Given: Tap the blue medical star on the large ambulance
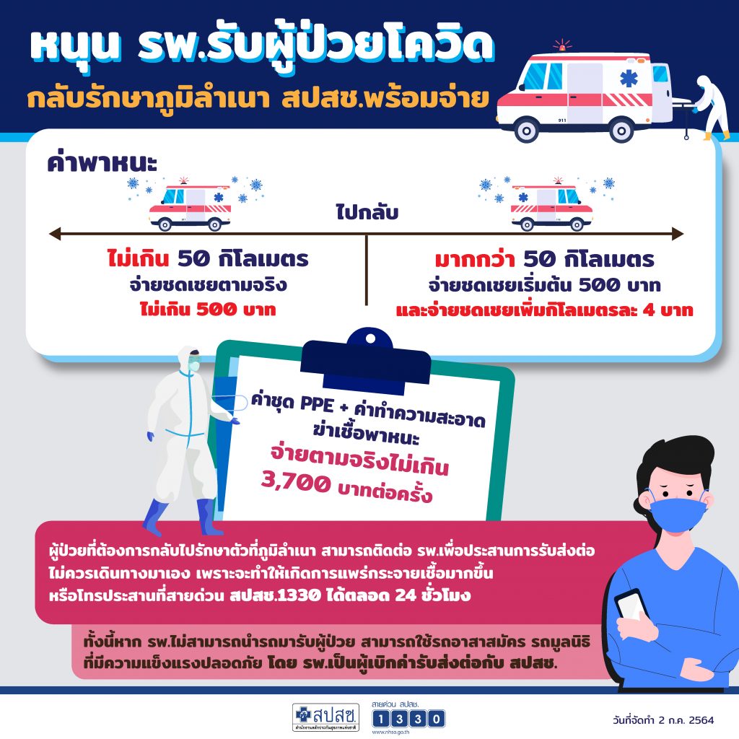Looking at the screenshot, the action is coord(629,79).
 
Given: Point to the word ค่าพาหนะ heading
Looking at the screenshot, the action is coord(102,162).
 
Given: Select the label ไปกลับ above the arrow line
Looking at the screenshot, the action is coord(367,212).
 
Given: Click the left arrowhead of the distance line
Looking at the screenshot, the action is coord(55,233).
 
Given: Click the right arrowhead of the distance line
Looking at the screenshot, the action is coord(678,233).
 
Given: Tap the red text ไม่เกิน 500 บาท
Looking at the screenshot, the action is coord(208,310).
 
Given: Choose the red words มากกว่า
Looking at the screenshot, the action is coord(474,259).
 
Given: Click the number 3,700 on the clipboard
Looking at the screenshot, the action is coord(296,481).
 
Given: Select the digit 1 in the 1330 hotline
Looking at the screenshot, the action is coord(381,719).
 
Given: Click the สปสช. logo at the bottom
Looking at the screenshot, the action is coord(325,717).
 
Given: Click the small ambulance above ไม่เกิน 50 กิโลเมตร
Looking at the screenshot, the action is coord(190,206).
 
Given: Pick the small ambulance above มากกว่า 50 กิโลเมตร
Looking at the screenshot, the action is coord(552,206).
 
